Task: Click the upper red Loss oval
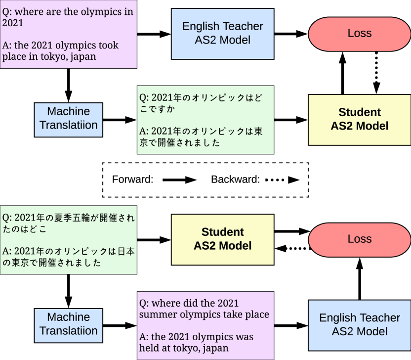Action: pos(359,34)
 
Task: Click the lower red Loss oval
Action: pos(359,239)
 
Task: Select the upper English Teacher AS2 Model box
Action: pos(222,33)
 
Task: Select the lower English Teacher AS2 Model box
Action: pos(359,324)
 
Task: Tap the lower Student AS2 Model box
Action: pos(222,239)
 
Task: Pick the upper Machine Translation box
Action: pos(69,119)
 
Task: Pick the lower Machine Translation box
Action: pos(69,324)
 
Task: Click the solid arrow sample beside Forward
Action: pos(180,180)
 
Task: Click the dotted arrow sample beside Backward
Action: pos(282,180)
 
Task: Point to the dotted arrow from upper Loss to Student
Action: pos(376,73)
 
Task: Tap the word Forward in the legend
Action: pos(132,180)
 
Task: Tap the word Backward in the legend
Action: pos(235,180)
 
